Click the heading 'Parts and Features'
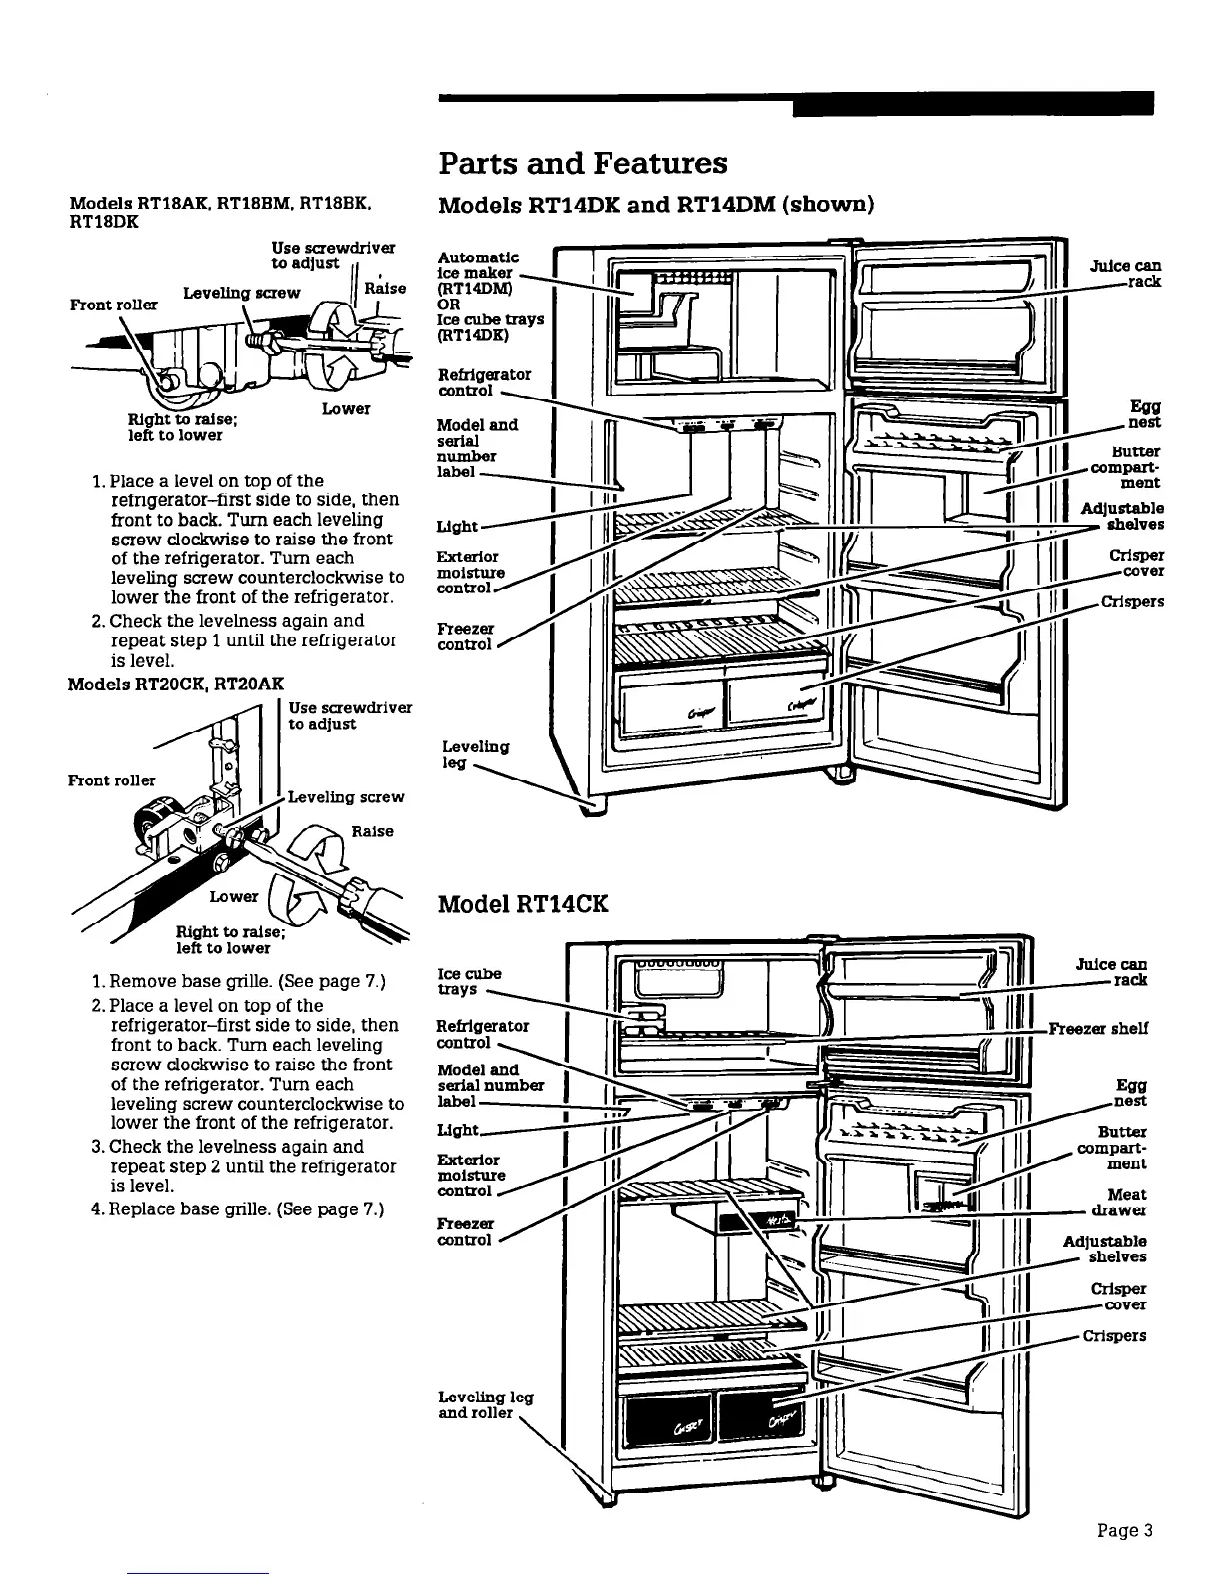pos(584,163)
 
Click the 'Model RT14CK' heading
pos(523,905)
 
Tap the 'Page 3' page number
pos(1125,1529)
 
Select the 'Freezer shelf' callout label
pos(1097,1028)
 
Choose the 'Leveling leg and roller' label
pos(485,1405)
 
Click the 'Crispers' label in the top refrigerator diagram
pos(1132,602)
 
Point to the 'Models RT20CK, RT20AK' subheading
pos(175,683)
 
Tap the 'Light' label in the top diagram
pos(457,526)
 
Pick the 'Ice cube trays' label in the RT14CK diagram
pos(469,981)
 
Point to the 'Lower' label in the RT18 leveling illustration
pos(346,409)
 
